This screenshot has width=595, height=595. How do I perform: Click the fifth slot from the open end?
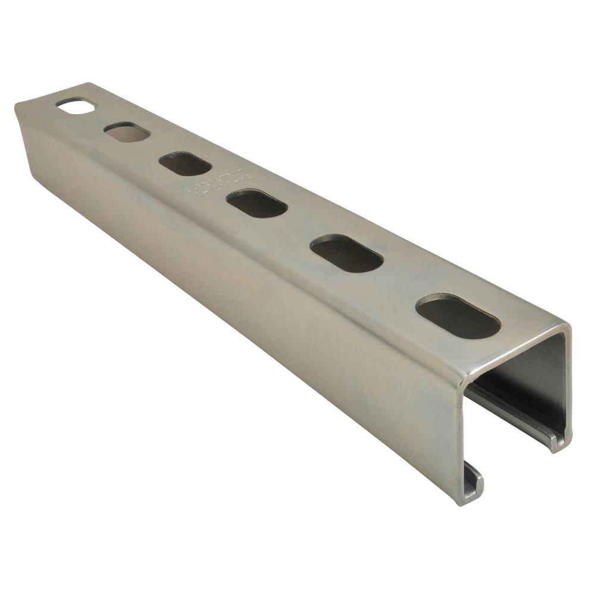pos(127,132)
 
